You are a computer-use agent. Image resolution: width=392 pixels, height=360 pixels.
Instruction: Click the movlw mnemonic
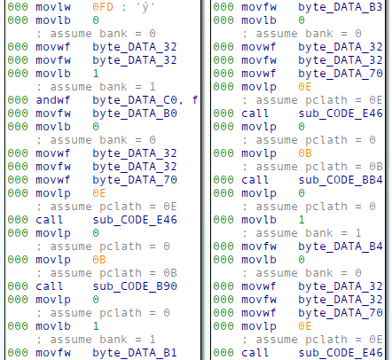53,7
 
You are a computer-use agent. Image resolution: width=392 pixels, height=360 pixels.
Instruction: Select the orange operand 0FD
103,7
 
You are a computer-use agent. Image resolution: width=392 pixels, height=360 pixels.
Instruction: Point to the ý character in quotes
145,7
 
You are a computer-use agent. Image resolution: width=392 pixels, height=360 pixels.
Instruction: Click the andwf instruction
53,100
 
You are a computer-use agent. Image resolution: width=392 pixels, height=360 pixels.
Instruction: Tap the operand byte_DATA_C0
135,100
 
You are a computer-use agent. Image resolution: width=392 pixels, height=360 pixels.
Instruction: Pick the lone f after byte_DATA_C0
195,100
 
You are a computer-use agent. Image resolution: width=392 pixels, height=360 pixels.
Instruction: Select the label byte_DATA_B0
135,113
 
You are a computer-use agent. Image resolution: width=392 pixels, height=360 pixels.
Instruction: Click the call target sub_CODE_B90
135,286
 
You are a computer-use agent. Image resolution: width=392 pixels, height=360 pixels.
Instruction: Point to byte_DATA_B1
135,353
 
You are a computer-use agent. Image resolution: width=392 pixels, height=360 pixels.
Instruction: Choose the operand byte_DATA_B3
341,7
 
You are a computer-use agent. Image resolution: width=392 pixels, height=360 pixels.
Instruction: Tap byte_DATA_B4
341,247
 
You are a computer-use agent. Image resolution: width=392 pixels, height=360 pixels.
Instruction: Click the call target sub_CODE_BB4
341,180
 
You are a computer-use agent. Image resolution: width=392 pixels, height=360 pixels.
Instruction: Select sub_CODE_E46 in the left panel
135,220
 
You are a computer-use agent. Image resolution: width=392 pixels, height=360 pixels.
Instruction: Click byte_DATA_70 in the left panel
135,180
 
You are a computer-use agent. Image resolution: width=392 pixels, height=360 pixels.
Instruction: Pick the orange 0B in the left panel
99,260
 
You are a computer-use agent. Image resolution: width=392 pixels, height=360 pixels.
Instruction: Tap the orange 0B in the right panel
305,153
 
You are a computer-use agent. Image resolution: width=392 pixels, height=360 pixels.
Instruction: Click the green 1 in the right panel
302,220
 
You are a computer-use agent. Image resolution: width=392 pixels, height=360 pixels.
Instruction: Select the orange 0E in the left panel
99,193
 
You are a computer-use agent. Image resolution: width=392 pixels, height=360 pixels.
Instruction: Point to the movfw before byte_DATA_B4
259,247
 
